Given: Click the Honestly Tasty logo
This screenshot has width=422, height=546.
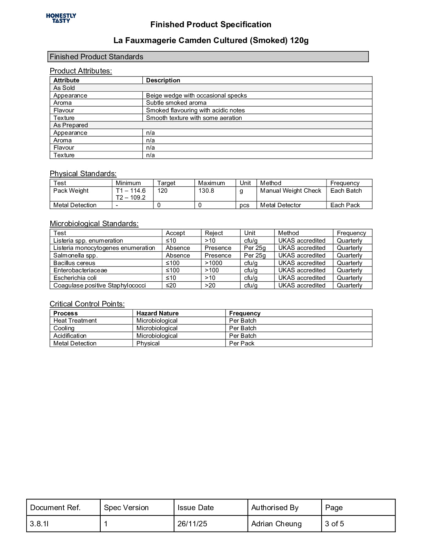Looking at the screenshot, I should [x=61, y=18].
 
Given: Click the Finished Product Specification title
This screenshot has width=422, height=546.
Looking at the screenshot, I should [x=211, y=24].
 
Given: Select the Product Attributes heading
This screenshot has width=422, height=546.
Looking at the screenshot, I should [x=81, y=71].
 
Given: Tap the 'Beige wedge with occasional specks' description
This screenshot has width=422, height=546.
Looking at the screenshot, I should [x=196, y=95].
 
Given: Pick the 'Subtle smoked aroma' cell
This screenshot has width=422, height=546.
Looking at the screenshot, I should [x=176, y=103].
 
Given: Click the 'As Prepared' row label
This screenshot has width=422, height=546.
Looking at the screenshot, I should [x=71, y=125].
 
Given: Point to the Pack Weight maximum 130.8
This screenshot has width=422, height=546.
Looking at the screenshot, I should [x=206, y=191].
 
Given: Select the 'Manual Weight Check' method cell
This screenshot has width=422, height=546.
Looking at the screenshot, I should [x=291, y=191].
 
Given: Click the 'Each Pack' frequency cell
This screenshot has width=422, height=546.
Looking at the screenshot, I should [x=345, y=205].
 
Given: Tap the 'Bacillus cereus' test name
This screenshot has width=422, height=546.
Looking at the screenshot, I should [x=74, y=263].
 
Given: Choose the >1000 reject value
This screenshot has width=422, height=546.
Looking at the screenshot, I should [x=213, y=263].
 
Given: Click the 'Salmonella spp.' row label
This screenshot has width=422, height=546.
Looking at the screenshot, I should [x=76, y=255].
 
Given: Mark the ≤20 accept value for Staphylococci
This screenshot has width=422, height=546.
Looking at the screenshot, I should [x=171, y=285].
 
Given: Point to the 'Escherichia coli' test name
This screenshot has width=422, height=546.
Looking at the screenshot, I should [x=75, y=278].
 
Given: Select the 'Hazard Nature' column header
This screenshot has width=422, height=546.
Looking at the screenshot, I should [x=157, y=313].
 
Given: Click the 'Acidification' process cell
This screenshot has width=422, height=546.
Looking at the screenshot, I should [x=70, y=336].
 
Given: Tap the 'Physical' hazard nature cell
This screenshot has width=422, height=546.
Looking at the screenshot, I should [x=148, y=343].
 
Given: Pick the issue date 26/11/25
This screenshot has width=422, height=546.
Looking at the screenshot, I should [x=192, y=524].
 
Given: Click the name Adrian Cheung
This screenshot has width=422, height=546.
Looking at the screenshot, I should [x=276, y=524].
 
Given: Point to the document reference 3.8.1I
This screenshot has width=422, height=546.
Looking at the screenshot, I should [x=39, y=524].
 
